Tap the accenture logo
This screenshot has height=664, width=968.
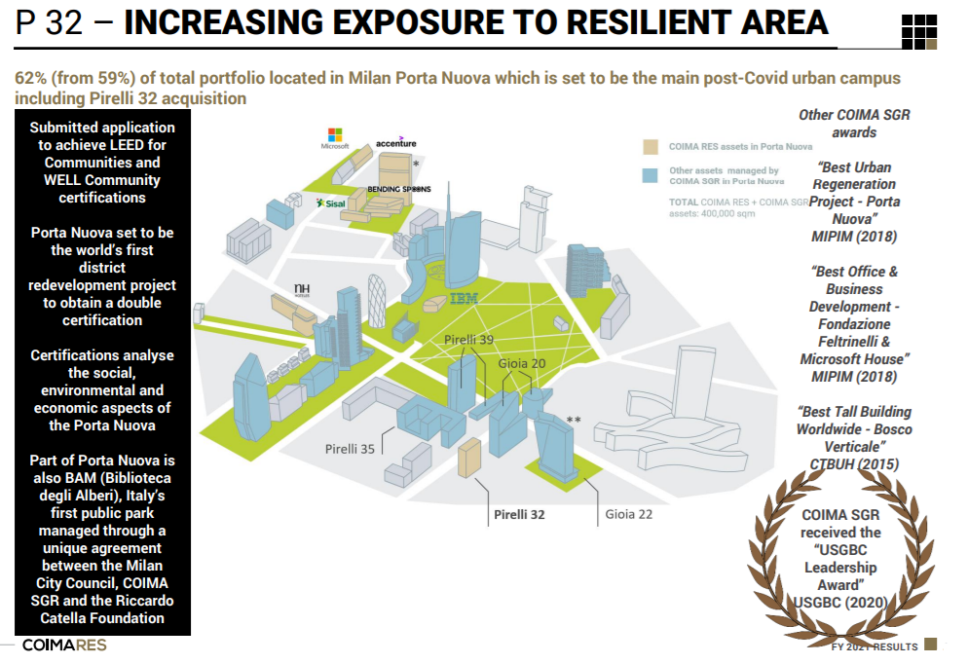tap(395, 143)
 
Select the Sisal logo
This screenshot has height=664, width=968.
tap(330, 203)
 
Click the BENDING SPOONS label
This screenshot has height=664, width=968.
tap(398, 188)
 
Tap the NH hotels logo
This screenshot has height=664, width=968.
tap(302, 289)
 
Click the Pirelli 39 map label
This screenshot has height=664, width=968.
tap(469, 339)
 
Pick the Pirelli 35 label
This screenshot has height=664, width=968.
tap(350, 449)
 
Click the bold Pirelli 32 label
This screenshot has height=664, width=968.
tap(519, 514)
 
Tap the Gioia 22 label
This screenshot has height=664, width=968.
tap(628, 514)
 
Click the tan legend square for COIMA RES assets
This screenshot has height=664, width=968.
tap(651, 147)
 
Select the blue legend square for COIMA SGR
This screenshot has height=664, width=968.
tap(651, 176)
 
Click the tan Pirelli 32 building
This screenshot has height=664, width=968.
tap(469, 458)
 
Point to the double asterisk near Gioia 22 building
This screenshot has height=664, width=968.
tap(574, 421)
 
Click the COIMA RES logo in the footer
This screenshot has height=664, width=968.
tap(64, 646)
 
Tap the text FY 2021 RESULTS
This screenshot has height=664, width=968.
tap(874, 646)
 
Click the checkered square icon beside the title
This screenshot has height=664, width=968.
tap(919, 31)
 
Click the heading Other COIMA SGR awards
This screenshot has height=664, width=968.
tap(854, 123)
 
